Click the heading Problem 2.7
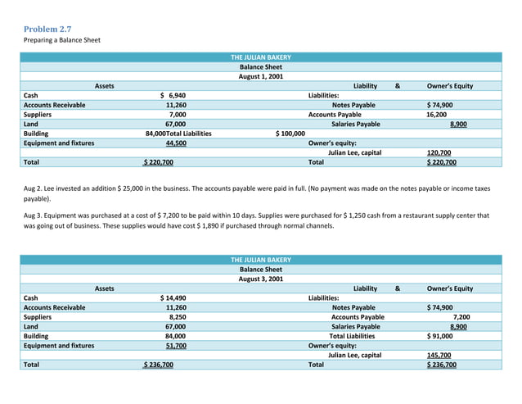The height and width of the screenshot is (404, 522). pyautogui.click(x=47, y=29)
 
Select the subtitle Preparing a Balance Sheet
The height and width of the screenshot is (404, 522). pyautogui.click(x=61, y=39)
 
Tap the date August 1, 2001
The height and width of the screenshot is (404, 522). pyautogui.click(x=260, y=76)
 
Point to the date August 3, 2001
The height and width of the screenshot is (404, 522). pyautogui.click(x=260, y=279)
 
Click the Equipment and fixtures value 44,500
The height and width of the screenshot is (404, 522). pyautogui.click(x=175, y=143)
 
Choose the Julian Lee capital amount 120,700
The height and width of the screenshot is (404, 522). pyautogui.click(x=439, y=152)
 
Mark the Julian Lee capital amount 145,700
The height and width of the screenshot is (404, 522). pyautogui.click(x=439, y=355)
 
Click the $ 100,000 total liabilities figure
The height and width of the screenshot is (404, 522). pyautogui.click(x=290, y=133)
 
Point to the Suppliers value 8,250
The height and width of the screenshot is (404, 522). pyautogui.click(x=177, y=316)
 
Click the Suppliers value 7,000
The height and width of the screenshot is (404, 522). pyautogui.click(x=177, y=115)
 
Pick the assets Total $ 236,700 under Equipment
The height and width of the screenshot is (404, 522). pyautogui.click(x=158, y=365)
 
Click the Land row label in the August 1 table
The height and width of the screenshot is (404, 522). pyautogui.click(x=31, y=124)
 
